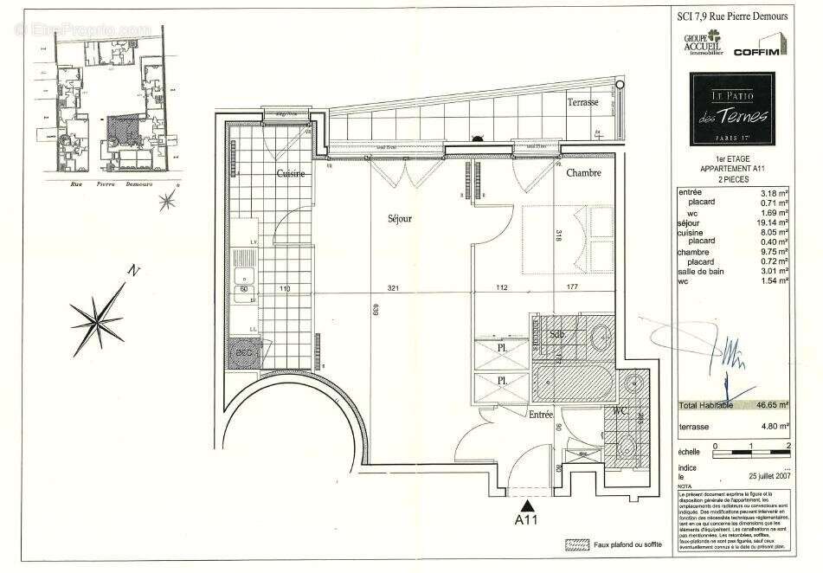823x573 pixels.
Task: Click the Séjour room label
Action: click(x=400, y=219)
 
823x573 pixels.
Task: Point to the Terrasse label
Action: click(x=582, y=102)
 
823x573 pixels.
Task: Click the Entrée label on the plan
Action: click(x=541, y=415)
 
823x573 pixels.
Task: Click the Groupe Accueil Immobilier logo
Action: click(x=705, y=43)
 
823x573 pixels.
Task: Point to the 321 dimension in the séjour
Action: click(x=393, y=289)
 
